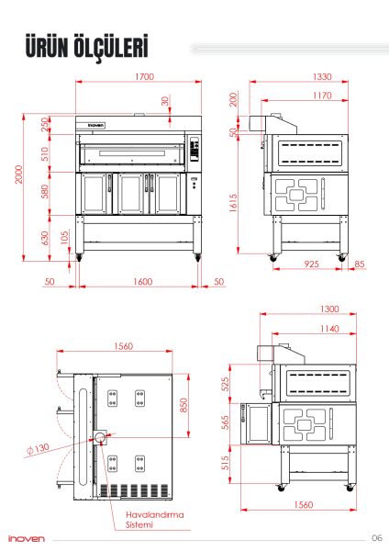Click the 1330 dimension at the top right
coord(296,77)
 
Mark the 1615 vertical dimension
coord(234,202)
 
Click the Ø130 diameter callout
coord(39,449)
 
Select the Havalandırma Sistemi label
coord(154,520)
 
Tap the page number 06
coord(376,538)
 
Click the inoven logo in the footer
coord(27,538)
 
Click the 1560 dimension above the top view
coord(114,346)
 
